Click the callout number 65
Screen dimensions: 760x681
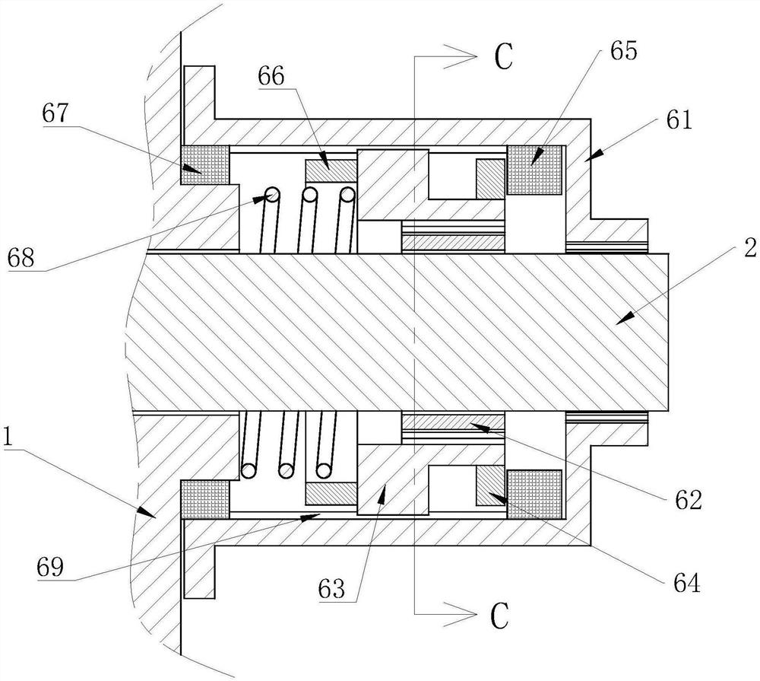click(x=623, y=50)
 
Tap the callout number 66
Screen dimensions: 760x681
click(x=271, y=76)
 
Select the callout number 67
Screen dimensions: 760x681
click(x=56, y=114)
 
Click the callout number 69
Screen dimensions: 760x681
click(x=50, y=566)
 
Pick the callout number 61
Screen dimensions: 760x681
click(x=679, y=119)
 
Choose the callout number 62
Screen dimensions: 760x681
click(x=689, y=499)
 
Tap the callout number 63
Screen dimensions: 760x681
click(x=331, y=589)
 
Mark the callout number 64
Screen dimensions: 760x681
click(x=687, y=583)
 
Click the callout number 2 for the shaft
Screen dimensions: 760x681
click(x=750, y=249)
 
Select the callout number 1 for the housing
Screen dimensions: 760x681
click(x=8, y=436)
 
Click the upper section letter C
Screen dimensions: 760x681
click(x=504, y=57)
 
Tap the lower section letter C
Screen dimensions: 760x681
click(x=500, y=616)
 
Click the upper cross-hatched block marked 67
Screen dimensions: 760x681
click(x=205, y=165)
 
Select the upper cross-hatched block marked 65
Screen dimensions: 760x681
click(x=534, y=170)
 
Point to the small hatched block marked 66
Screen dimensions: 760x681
click(x=331, y=171)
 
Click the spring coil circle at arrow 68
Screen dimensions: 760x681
click(x=272, y=195)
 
